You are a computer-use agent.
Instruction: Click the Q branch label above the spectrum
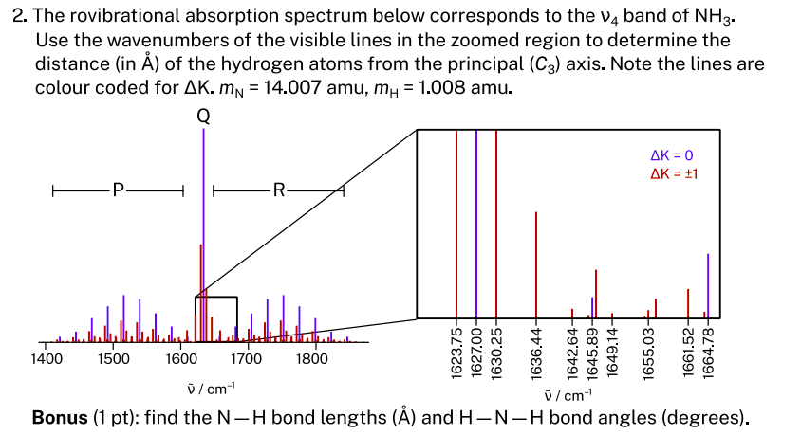coord(203,117)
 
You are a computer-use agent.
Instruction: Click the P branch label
coord(118,191)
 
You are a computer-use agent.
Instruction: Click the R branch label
coord(278,191)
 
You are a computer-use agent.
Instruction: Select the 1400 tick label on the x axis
coord(47,359)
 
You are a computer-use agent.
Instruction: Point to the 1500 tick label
coord(114,359)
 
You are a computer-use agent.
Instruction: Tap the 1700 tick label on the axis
coord(247,359)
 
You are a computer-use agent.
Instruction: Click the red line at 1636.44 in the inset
coord(537,265)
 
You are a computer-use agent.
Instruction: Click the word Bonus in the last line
coord(61,418)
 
